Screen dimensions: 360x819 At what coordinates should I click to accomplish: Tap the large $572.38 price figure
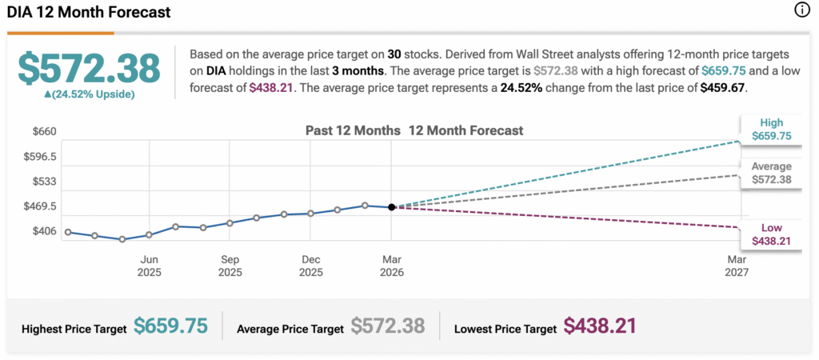coord(90,69)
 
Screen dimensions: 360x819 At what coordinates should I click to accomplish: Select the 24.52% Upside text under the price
coord(90,94)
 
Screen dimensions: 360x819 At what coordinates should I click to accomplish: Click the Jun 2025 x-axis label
coord(149,266)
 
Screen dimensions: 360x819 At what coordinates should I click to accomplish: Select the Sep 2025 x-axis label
coord(230,266)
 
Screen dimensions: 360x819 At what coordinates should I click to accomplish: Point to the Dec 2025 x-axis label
coord(310,266)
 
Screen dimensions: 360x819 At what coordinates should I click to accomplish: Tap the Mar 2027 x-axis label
coord(736,266)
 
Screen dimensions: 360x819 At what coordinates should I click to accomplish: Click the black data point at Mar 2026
coord(391,207)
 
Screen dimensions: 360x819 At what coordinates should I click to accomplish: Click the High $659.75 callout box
coord(771,130)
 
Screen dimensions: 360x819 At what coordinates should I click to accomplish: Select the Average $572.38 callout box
coord(771,173)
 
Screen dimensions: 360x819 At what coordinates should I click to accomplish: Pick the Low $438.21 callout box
coord(771,234)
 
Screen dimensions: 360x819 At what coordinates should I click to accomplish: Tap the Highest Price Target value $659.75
coord(170,326)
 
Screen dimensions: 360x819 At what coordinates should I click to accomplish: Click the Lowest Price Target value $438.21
coord(600,326)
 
